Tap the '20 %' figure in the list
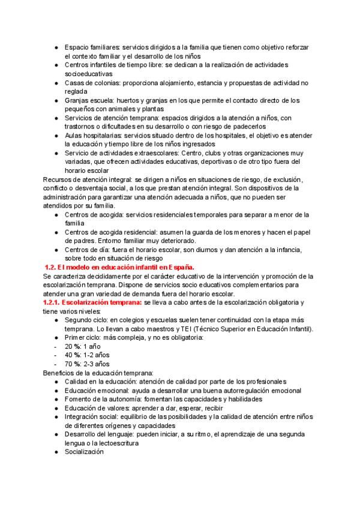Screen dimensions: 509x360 tap(73, 346)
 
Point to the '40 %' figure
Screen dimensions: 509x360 tap(73, 355)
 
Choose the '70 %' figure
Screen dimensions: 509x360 tap(73, 364)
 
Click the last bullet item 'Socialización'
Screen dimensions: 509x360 tap(84, 452)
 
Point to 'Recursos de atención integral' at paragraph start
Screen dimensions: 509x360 tap(85, 179)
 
